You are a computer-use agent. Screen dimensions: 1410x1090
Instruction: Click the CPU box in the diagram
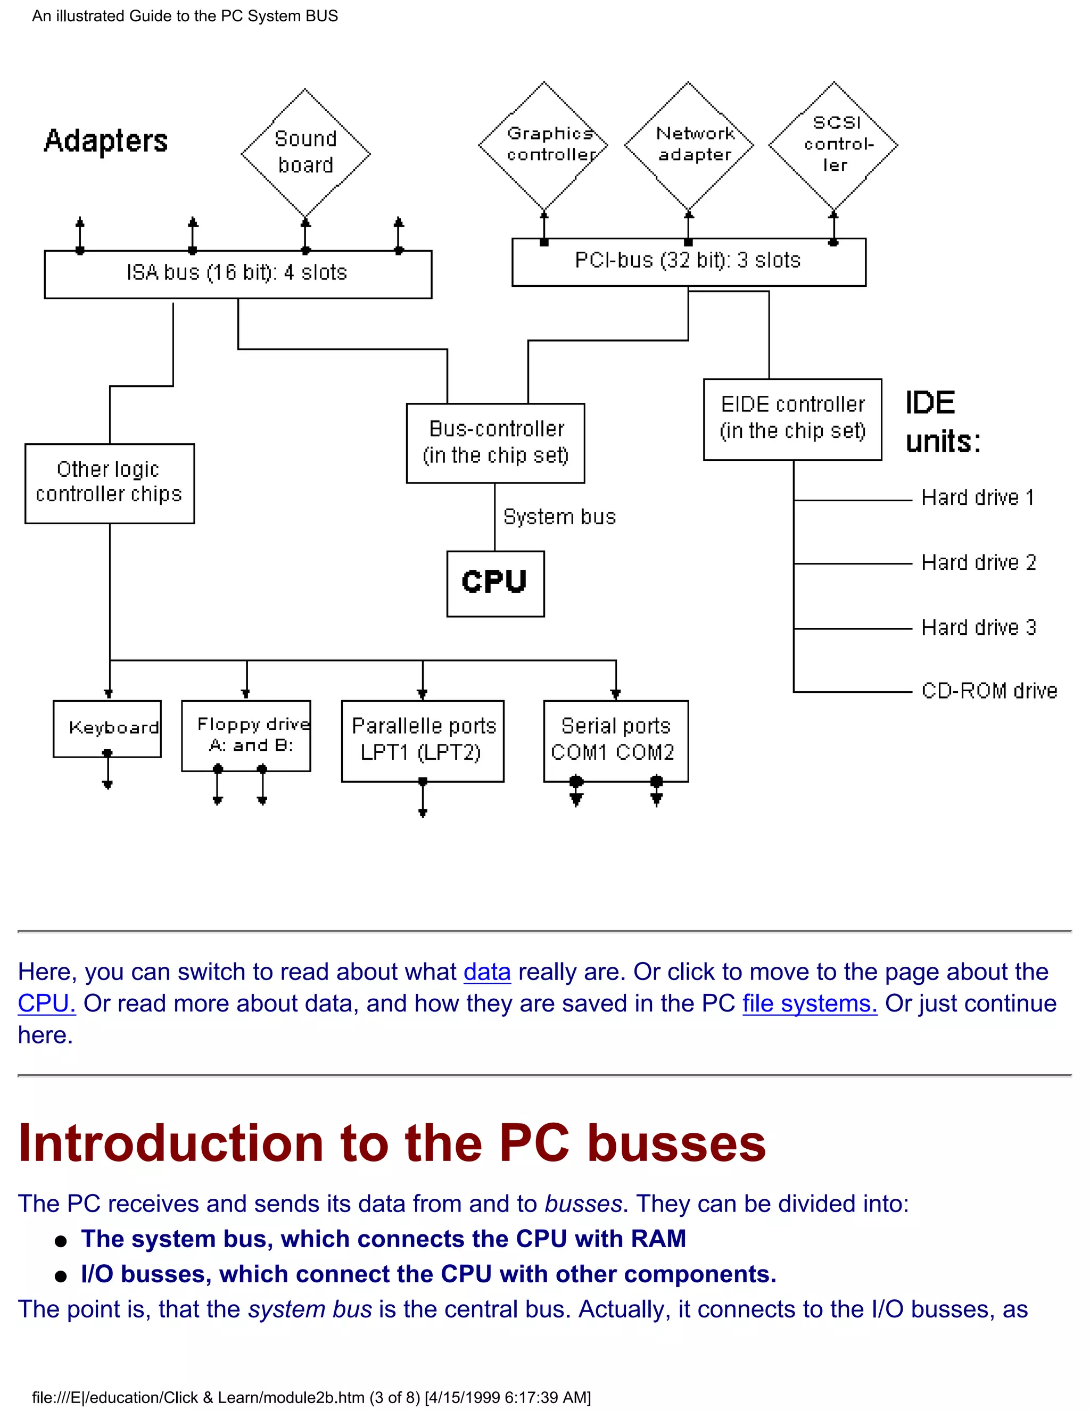point(496,583)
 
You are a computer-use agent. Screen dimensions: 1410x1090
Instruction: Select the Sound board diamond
point(305,152)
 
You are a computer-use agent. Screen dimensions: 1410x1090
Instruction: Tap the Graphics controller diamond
point(544,145)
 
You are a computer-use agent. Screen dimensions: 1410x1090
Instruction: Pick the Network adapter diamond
point(689,145)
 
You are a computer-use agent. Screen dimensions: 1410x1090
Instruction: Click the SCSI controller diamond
point(833,145)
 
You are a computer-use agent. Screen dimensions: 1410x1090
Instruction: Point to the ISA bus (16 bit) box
point(237,273)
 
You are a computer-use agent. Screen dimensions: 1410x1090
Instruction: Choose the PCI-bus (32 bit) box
point(688,261)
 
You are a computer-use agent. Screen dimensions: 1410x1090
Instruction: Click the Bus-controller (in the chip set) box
point(496,443)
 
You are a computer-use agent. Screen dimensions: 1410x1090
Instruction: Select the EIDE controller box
point(792,419)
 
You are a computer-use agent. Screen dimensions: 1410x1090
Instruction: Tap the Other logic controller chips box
point(109,483)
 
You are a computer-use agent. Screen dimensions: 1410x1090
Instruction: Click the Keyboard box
point(107,728)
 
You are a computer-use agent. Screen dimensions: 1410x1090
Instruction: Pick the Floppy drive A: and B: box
point(246,735)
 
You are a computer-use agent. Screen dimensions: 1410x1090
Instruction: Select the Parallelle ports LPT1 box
point(422,741)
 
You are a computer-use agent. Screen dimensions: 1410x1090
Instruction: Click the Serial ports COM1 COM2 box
point(615,741)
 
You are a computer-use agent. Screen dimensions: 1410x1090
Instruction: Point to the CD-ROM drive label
point(989,691)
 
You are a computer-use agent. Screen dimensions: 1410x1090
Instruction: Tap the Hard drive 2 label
point(978,562)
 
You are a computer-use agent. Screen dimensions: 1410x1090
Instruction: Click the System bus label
point(559,517)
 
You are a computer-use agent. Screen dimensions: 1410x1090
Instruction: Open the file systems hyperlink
point(809,1004)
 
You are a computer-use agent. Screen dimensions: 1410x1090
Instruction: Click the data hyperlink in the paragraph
point(487,972)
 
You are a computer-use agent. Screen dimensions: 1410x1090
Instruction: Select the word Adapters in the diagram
point(106,141)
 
